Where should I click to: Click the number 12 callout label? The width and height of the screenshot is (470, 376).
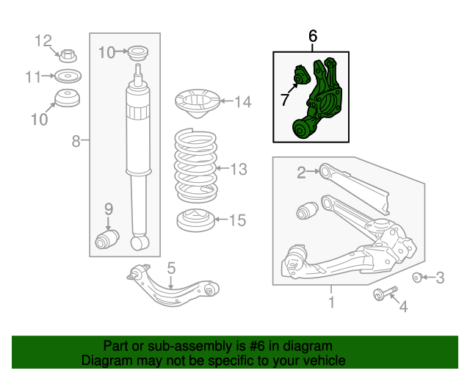[x=44, y=40]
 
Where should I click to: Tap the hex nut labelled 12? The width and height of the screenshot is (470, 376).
[x=68, y=54]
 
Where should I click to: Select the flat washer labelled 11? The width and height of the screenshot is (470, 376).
[x=68, y=76]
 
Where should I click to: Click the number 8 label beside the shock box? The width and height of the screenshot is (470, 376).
[x=76, y=141]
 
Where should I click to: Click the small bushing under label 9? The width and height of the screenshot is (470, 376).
[x=108, y=239]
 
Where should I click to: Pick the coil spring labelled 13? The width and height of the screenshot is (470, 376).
[x=195, y=169]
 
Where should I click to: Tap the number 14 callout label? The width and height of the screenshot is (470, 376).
[x=243, y=102]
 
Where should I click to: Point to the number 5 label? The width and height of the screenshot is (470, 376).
[x=170, y=268]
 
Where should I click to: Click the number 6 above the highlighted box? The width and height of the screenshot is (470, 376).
[x=313, y=35]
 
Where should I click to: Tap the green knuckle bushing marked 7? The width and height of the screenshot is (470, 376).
[x=300, y=76]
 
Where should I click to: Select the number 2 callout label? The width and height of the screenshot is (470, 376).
[x=301, y=173]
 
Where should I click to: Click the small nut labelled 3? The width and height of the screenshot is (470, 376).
[x=417, y=277]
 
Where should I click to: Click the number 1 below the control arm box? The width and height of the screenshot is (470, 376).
[x=331, y=302]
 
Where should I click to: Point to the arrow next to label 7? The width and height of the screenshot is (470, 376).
[x=292, y=90]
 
